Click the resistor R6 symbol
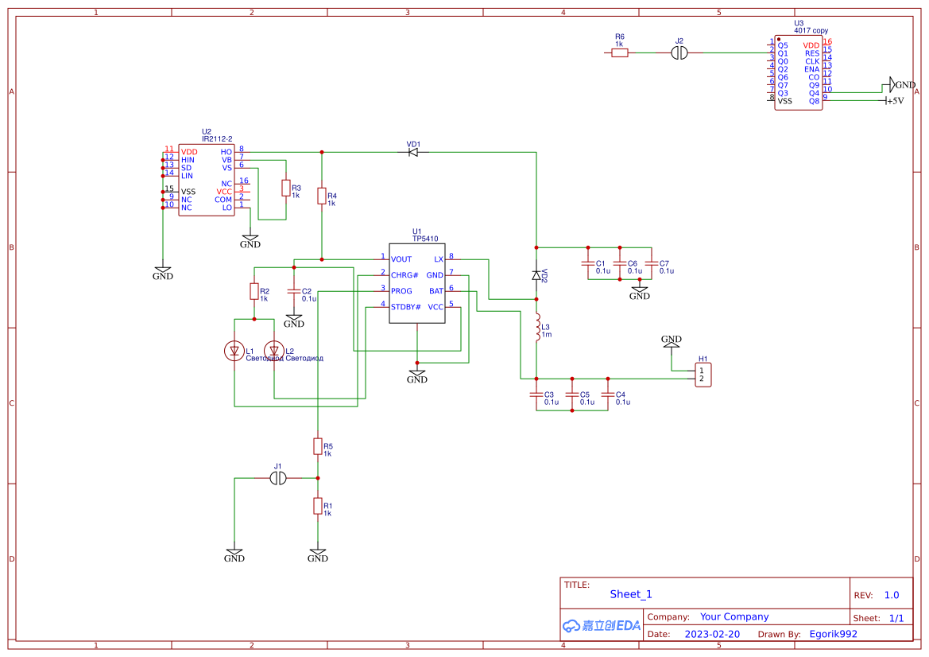620,52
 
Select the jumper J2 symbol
679,52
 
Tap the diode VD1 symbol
413,152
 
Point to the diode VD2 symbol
536,275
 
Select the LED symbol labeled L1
234,350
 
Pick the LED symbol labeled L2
274,350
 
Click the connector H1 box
702,375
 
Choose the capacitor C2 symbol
294,291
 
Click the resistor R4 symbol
322,196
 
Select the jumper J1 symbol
278,478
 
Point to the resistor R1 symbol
318,506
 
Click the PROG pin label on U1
401,291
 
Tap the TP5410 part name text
424,238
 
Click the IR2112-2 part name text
217,138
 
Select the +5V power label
895,101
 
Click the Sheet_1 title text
631,594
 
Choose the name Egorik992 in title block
833,634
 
